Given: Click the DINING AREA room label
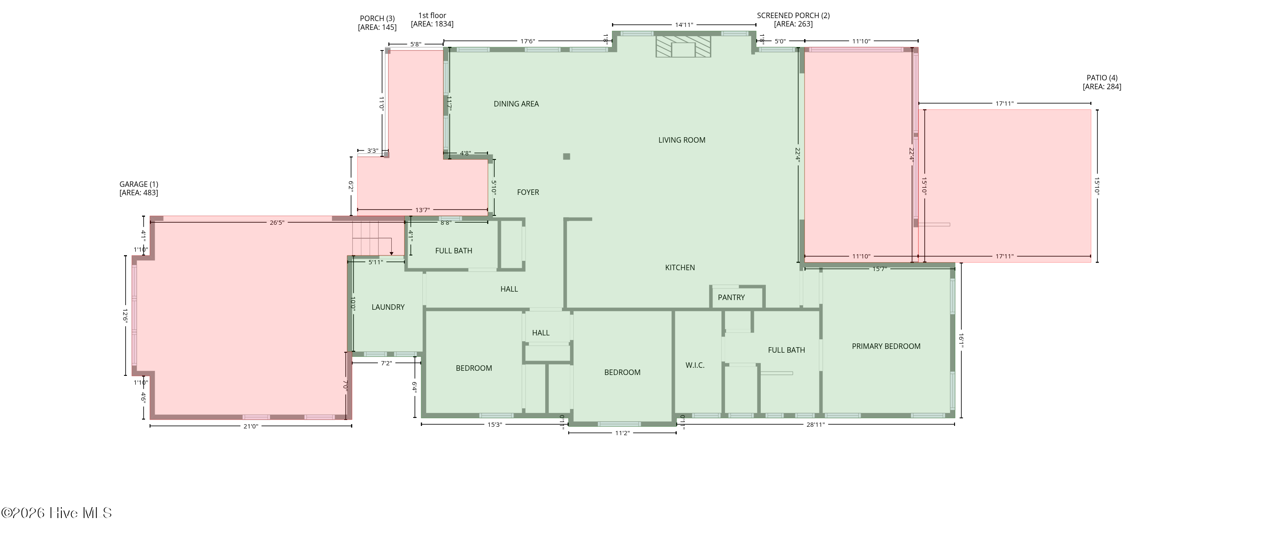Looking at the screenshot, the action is (516, 104).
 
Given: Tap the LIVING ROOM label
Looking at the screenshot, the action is (681, 140).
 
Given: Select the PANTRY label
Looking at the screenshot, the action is (731, 298).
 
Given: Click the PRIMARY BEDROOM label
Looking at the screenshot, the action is (886, 346).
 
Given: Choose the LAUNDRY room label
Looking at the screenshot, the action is (388, 307).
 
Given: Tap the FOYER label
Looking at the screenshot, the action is (528, 193).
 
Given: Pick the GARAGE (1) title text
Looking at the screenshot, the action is (139, 184).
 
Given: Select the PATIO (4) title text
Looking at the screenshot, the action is (1102, 78).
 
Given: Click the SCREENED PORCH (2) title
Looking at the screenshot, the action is (793, 16).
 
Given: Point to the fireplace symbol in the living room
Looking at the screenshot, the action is (683, 46).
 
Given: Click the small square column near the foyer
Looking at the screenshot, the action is (566, 156).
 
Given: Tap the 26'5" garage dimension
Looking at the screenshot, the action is (277, 223).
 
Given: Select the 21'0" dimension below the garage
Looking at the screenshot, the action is (251, 426).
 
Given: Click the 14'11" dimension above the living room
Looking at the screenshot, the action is (684, 25).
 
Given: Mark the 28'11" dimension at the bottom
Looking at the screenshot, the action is (815, 425).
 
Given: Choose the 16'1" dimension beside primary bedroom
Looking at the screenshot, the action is (961, 340).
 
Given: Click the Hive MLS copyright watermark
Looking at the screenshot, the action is (57, 513).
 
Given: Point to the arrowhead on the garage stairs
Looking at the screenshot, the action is (391, 253).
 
